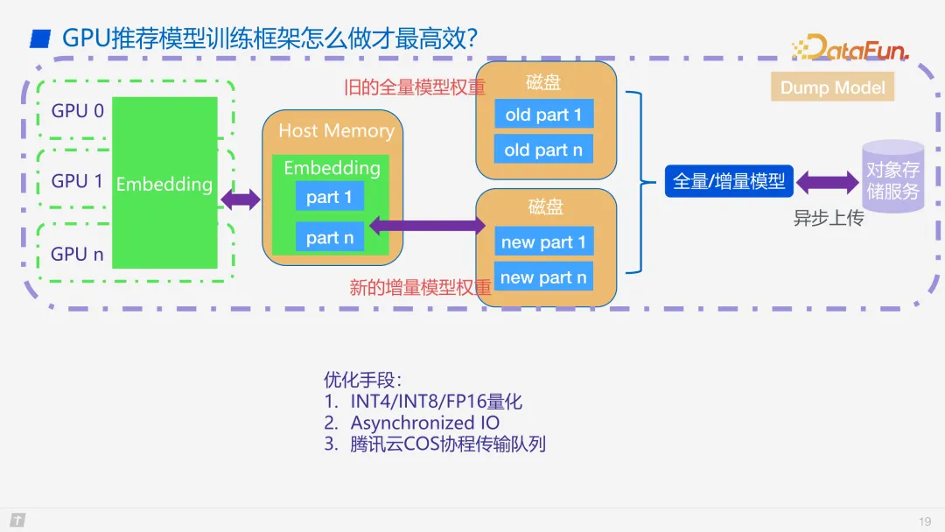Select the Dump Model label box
tap(832, 87)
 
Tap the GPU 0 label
tap(77, 111)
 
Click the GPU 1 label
tap(77, 181)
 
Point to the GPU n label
tap(77, 255)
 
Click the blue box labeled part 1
tap(329, 197)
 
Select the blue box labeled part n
tap(330, 237)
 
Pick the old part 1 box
tap(543, 115)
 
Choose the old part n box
tap(543, 150)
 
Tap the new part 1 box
tap(543, 242)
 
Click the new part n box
tap(543, 278)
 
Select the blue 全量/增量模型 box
tap(729, 182)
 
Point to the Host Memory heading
tap(336, 131)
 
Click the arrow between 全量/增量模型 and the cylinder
tap(827, 183)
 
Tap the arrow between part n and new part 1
tap(427, 226)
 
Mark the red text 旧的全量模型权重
tap(415, 87)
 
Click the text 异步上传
tap(828, 219)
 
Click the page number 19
tap(925, 521)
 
